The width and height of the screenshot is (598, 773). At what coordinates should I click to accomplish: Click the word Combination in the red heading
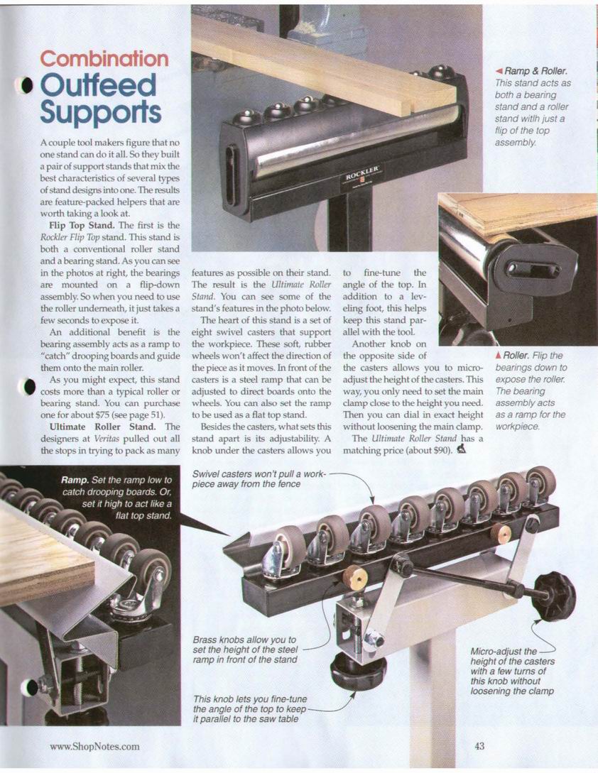pyautogui.click(x=104, y=59)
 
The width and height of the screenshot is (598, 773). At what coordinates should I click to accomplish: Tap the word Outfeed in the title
pyautogui.click(x=98, y=85)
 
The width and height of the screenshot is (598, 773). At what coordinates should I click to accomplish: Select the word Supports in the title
pyautogui.click(x=101, y=112)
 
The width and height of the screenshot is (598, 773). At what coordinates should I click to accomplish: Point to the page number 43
pyautogui.click(x=479, y=746)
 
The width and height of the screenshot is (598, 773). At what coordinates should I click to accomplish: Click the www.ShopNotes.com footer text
pyautogui.click(x=94, y=746)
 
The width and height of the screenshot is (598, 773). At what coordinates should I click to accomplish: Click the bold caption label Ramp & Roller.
pyautogui.click(x=536, y=72)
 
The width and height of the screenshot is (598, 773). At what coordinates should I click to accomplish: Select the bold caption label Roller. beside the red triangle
pyautogui.click(x=516, y=356)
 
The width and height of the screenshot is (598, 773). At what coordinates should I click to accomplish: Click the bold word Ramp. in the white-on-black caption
pyautogui.click(x=75, y=480)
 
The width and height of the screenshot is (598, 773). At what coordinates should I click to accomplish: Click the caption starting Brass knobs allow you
pyautogui.click(x=245, y=649)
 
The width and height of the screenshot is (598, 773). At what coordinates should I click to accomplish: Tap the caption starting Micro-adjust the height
pyautogui.click(x=512, y=671)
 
